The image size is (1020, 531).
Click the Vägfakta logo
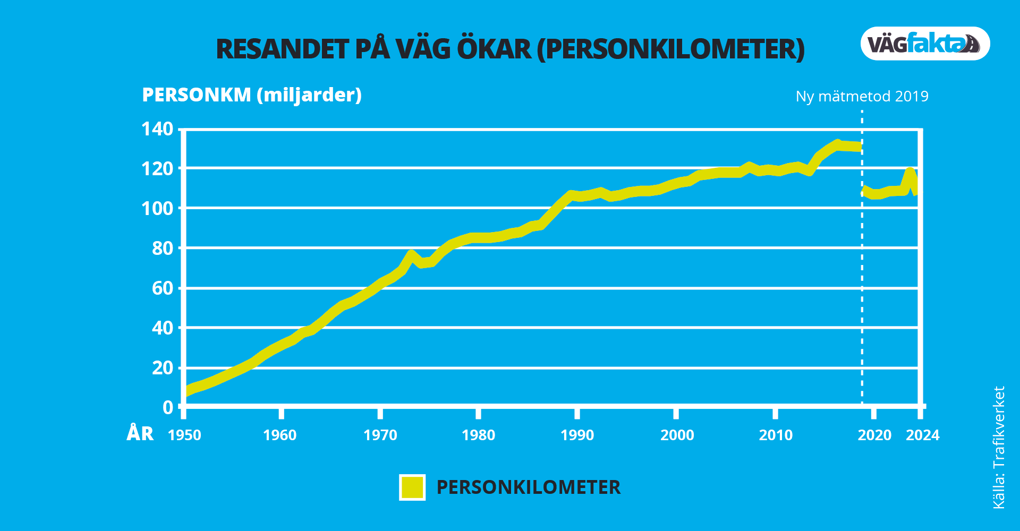click(925, 44)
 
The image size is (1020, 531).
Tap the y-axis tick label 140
click(157, 129)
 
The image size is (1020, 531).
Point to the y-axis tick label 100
click(157, 209)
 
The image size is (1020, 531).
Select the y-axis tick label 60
click(163, 288)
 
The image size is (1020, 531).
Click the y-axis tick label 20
click(163, 368)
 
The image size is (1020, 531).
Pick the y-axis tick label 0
click(168, 408)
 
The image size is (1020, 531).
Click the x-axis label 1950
click(184, 435)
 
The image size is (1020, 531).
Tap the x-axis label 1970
click(380, 435)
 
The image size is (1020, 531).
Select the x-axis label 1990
click(577, 435)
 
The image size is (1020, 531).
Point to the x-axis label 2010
click(776, 435)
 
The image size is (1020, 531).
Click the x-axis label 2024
click(923, 435)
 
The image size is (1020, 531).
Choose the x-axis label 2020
click(874, 435)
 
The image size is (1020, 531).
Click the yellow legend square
click(412, 487)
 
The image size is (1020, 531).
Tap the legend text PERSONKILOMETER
click(528, 487)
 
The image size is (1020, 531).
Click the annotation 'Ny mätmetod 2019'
click(862, 97)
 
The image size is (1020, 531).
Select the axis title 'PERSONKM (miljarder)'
click(252, 95)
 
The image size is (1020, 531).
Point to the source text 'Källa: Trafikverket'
click(999, 447)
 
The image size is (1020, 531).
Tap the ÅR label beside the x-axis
click(140, 434)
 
